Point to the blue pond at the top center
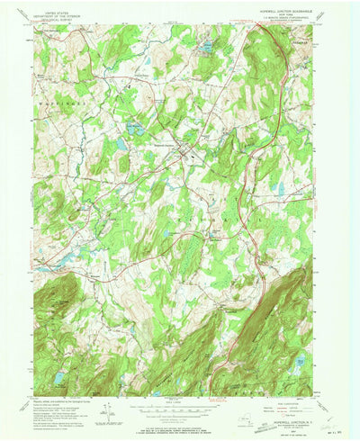208,44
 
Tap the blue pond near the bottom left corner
59,378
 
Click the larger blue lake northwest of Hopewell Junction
135,130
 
